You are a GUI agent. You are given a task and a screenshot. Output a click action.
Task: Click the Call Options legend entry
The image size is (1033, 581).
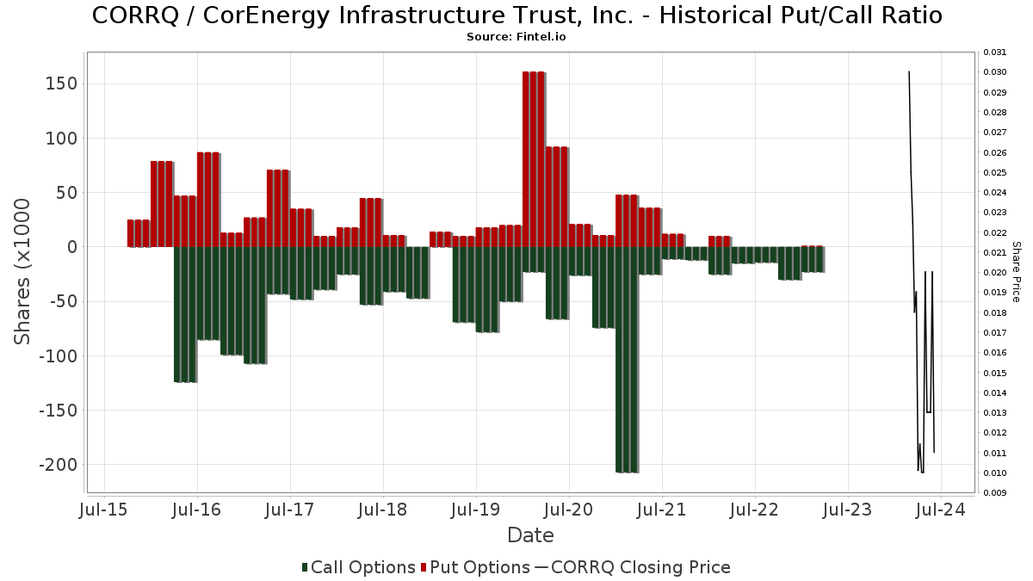pos(358,567)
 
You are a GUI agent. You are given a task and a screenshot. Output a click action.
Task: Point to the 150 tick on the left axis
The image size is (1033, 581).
pos(63,84)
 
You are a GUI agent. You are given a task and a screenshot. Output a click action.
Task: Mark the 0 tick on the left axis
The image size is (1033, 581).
pos(72,247)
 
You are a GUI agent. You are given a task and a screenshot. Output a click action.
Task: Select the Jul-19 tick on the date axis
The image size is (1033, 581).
pos(476,510)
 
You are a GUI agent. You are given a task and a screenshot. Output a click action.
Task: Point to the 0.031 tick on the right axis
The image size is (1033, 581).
pos(995,53)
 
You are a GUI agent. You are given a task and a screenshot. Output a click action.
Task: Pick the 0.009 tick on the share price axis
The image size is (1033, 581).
pos(995,493)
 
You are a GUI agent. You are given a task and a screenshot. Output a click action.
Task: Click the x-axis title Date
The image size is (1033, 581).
pos(530,535)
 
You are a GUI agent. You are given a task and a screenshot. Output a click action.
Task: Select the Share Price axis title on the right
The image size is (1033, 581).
pos(1017,271)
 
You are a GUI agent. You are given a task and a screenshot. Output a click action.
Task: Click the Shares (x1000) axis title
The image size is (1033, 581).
pos(23,271)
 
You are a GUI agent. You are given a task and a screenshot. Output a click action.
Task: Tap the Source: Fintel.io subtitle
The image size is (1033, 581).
pos(516,37)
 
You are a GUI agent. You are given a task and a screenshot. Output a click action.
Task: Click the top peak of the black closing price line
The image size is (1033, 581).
pos(909,71)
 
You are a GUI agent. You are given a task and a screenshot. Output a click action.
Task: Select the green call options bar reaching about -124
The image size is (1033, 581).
pos(185,314)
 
